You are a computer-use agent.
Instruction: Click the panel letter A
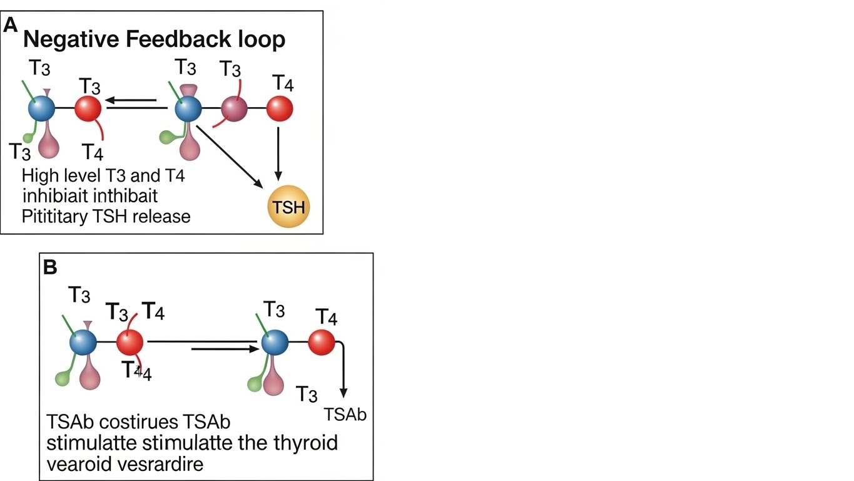(x=11, y=26)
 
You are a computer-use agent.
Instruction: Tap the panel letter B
(x=50, y=267)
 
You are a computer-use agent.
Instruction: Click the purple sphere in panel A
(x=235, y=110)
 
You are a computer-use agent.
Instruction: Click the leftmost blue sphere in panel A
(x=41, y=109)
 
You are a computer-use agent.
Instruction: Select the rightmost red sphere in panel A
(x=279, y=110)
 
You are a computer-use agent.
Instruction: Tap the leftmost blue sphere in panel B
(x=83, y=343)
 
